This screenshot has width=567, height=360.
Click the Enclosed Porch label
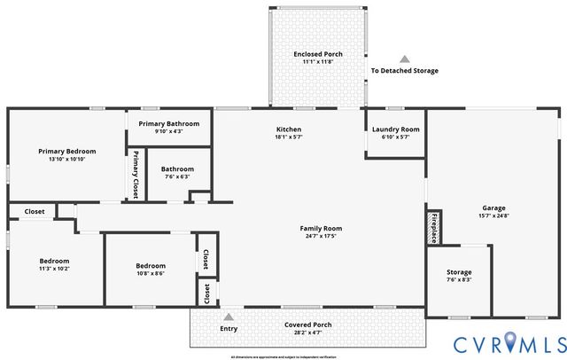pyautogui.click(x=318, y=54)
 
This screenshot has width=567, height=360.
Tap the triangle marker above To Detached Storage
pyautogui.click(x=404, y=59)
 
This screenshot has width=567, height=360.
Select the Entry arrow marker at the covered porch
pyautogui.click(x=229, y=317)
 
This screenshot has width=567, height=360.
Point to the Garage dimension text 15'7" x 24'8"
pyautogui.click(x=494, y=215)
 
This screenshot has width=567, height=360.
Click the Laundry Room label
pyautogui.click(x=396, y=129)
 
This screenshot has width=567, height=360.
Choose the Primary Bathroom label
pyautogui.click(x=169, y=123)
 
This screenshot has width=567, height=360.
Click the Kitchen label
pyautogui.click(x=289, y=129)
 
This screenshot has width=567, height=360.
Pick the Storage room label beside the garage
pyautogui.click(x=459, y=272)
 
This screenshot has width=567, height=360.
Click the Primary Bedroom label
pyautogui.click(x=67, y=152)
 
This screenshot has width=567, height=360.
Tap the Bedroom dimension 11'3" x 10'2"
pyautogui.click(x=54, y=270)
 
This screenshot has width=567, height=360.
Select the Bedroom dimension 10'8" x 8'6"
pyautogui.click(x=150, y=274)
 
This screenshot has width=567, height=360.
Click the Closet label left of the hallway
pyautogui.click(x=35, y=211)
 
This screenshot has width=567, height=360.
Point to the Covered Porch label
pyautogui.click(x=308, y=325)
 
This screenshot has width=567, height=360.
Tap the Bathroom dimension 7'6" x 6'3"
pyautogui.click(x=177, y=177)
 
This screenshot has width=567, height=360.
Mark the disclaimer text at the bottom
pyautogui.click(x=283, y=356)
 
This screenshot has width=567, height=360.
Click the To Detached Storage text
pyautogui.click(x=404, y=71)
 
